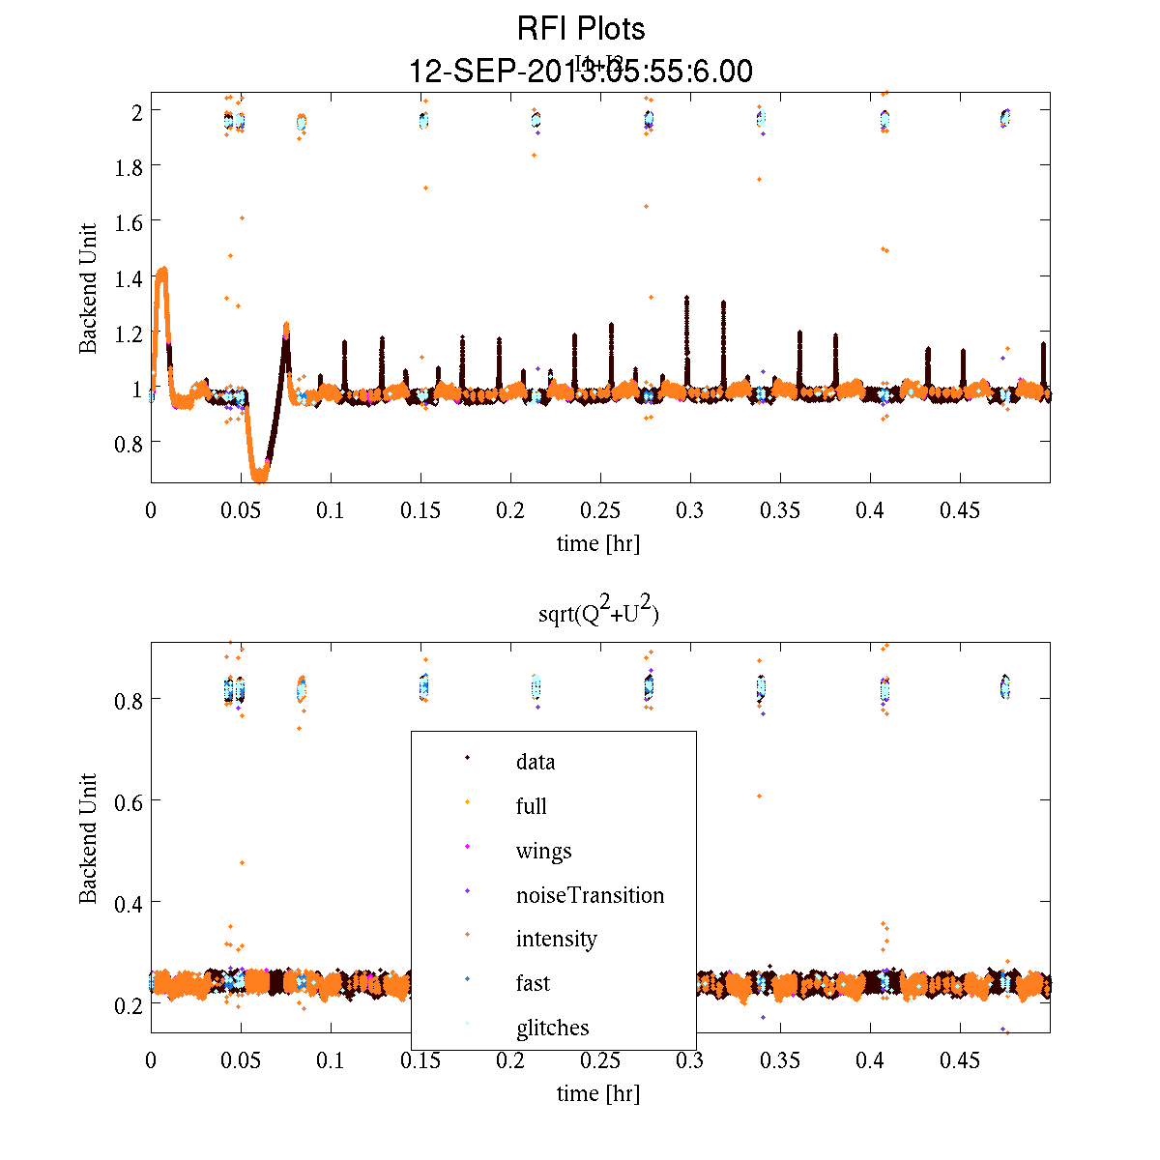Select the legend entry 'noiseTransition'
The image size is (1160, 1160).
(590, 895)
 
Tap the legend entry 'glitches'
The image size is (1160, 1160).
(552, 1028)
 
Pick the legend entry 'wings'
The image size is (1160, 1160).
(543, 851)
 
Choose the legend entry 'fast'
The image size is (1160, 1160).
(533, 983)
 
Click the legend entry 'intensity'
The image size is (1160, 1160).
(556, 939)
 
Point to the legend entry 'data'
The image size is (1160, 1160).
(536, 762)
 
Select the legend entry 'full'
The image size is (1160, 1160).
(532, 806)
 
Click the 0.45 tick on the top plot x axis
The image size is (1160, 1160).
(960, 510)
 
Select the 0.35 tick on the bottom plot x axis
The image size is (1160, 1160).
(780, 1060)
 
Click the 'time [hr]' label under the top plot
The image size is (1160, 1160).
(597, 543)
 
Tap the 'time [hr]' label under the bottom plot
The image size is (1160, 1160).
(597, 1093)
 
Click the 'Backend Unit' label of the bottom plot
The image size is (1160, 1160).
(88, 838)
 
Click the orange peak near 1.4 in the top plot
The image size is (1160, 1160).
(162, 272)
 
